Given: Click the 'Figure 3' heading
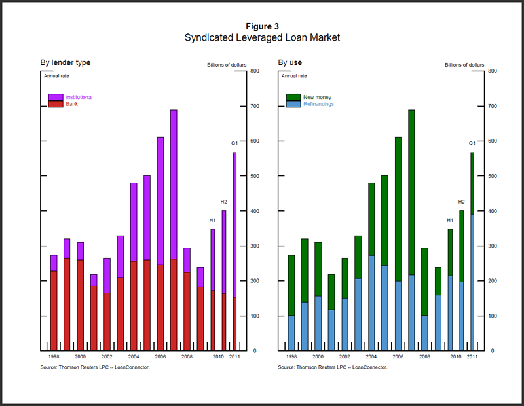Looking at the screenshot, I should click(262, 26).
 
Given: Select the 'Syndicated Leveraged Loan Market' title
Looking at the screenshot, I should click(262, 38).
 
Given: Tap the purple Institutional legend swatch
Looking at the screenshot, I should click(56, 97).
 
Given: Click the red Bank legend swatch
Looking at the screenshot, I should click(56, 104).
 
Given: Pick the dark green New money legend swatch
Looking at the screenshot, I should click(293, 97).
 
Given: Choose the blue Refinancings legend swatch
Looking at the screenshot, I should click(293, 104).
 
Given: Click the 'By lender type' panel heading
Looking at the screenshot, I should click(65, 63).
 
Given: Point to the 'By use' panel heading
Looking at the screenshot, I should click(290, 63).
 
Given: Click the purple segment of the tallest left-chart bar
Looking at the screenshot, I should click(174, 183).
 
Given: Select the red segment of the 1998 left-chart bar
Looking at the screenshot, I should click(54, 308).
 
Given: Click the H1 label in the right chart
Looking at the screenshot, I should click(450, 220).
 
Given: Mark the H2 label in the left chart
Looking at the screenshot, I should click(223, 202).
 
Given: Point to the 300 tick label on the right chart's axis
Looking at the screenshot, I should click(492, 246).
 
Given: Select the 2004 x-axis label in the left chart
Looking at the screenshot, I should click(134, 357).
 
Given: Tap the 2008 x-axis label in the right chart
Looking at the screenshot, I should click(424, 357).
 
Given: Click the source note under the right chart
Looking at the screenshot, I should click(332, 367).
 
